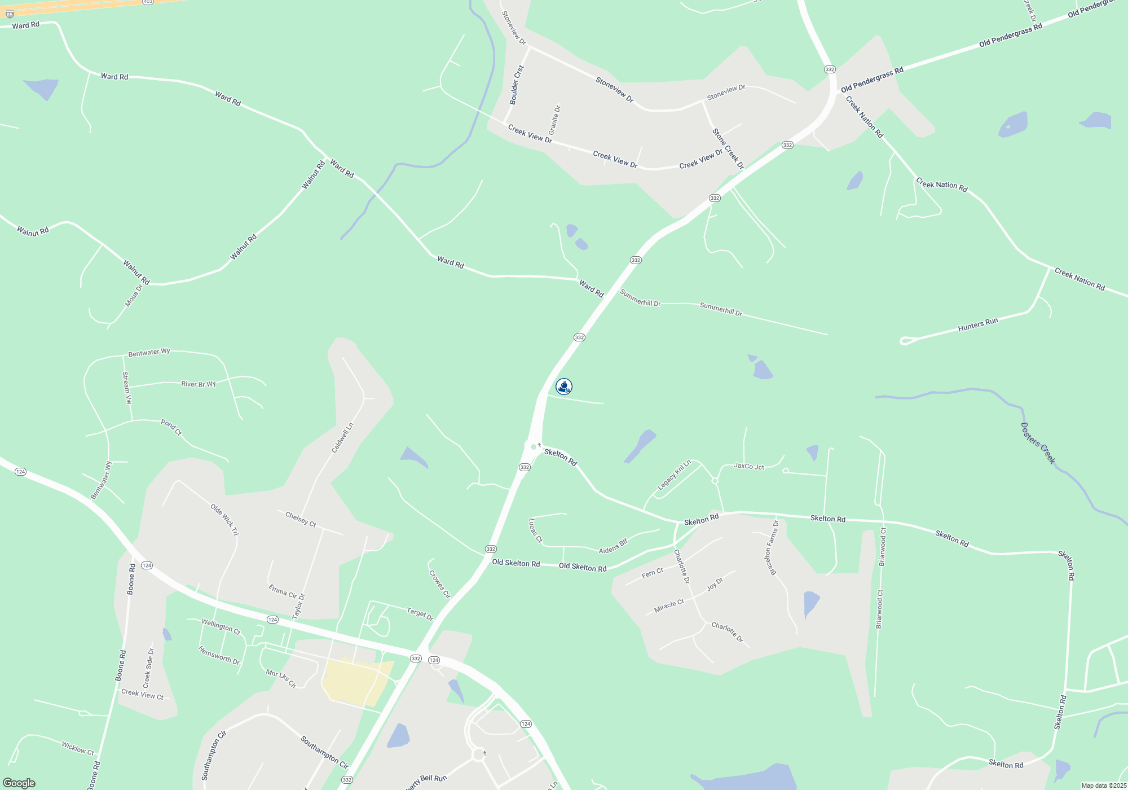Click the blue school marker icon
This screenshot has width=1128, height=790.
pyautogui.click(x=564, y=387)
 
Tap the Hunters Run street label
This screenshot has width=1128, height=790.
pyautogui.click(x=978, y=324)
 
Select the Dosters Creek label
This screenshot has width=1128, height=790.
pyautogui.click(x=1038, y=444)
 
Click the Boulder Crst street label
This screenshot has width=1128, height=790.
pyautogui.click(x=517, y=85)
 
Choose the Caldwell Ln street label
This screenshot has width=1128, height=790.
pyautogui.click(x=342, y=438)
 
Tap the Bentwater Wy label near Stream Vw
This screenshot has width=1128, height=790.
pyautogui.click(x=149, y=353)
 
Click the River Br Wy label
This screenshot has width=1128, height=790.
pyautogui.click(x=199, y=384)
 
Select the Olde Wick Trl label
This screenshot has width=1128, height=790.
pyautogui.click(x=224, y=520)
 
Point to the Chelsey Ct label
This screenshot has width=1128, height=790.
pyautogui.click(x=301, y=519)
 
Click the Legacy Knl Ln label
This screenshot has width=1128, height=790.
pyautogui.click(x=674, y=475)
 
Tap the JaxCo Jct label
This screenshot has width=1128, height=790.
pyautogui.click(x=749, y=466)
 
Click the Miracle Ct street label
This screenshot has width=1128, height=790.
pyautogui.click(x=669, y=606)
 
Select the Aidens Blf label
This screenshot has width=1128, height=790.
pyautogui.click(x=613, y=546)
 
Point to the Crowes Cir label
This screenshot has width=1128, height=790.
pyautogui.click(x=439, y=584)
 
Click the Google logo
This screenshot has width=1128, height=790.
pyautogui.click(x=19, y=783)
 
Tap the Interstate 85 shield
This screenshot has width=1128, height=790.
pyautogui.click(x=10, y=14)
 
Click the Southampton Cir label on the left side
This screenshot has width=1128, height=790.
pyautogui.click(x=214, y=755)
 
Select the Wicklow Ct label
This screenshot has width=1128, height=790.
pyautogui.click(x=78, y=748)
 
